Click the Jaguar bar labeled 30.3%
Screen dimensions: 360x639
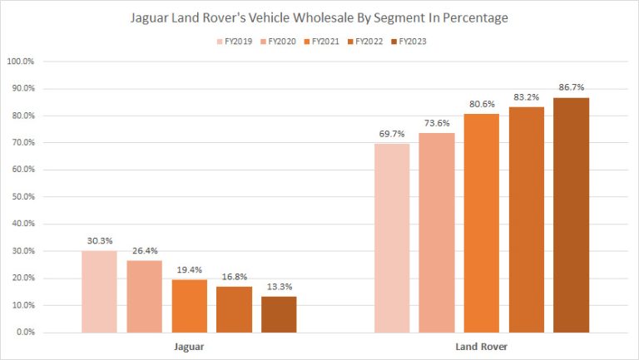tap(99, 291)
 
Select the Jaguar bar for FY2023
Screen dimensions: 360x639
tap(278, 314)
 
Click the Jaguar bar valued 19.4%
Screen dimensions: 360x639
tap(189, 306)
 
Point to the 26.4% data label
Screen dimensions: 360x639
tap(144, 252)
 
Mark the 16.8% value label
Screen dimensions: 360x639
tap(234, 278)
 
